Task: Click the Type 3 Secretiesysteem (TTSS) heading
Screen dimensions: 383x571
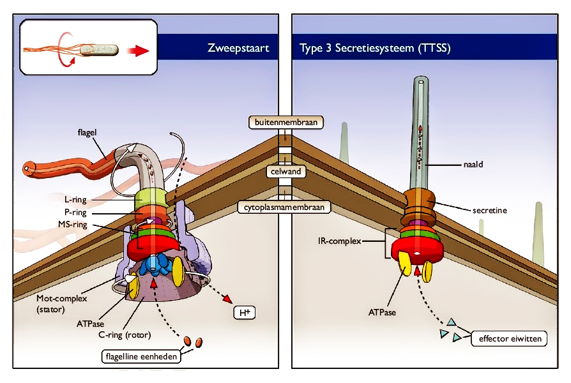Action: (x=375, y=48)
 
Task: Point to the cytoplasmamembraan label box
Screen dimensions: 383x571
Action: (x=285, y=207)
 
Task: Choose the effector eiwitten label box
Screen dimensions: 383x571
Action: (x=508, y=338)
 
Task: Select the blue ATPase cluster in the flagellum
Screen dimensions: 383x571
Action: (x=155, y=265)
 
